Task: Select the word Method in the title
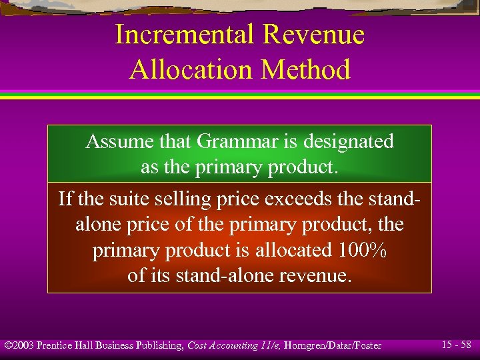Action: coord(307,69)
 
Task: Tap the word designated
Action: coord(348,141)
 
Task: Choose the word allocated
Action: coord(291,249)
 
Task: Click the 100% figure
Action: coord(361,249)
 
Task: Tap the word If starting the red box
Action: coord(65,199)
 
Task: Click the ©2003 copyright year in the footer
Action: coord(19,345)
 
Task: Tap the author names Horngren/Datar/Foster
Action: coord(333,345)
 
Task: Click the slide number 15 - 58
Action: coord(457,345)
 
